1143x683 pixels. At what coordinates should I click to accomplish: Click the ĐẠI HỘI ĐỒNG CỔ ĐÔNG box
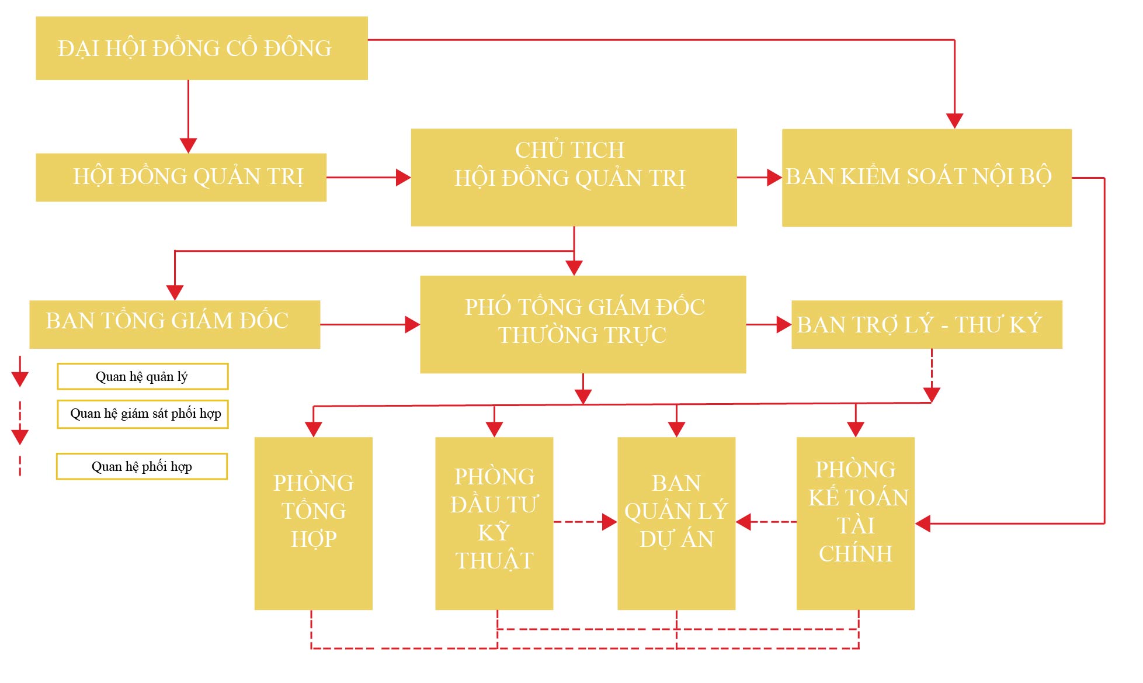click(201, 48)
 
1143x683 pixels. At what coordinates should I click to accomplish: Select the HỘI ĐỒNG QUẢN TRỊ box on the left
click(181, 177)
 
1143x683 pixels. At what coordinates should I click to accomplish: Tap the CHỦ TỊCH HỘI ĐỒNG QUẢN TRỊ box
click(574, 177)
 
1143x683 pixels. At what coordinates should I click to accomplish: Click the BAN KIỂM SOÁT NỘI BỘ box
click(926, 177)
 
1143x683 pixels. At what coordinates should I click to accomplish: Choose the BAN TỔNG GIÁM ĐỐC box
click(175, 324)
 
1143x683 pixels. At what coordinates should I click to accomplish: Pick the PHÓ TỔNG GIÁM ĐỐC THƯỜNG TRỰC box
click(583, 324)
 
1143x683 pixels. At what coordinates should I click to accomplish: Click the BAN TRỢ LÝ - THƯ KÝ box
click(926, 324)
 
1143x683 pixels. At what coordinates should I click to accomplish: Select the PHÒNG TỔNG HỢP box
click(313, 523)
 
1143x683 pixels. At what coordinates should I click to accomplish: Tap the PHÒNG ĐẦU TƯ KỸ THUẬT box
click(494, 523)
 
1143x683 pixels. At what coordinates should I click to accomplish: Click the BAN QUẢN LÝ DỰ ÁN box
click(676, 523)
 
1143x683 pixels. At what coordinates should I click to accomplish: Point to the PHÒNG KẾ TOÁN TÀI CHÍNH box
click(855, 523)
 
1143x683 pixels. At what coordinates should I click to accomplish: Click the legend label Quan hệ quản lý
click(143, 376)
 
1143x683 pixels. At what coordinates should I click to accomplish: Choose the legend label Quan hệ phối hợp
click(142, 466)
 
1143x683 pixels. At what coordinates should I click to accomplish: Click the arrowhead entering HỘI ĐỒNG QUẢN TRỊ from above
click(188, 145)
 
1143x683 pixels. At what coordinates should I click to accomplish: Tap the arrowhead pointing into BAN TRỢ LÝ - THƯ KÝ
click(784, 324)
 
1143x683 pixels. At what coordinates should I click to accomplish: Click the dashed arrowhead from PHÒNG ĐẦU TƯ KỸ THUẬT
click(609, 522)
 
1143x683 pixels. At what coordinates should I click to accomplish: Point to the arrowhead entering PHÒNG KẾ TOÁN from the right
click(923, 523)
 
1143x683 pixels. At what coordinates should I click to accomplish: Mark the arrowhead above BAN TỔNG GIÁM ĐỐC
click(175, 292)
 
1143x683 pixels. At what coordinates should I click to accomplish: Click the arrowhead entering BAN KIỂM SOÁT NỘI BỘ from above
click(954, 121)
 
